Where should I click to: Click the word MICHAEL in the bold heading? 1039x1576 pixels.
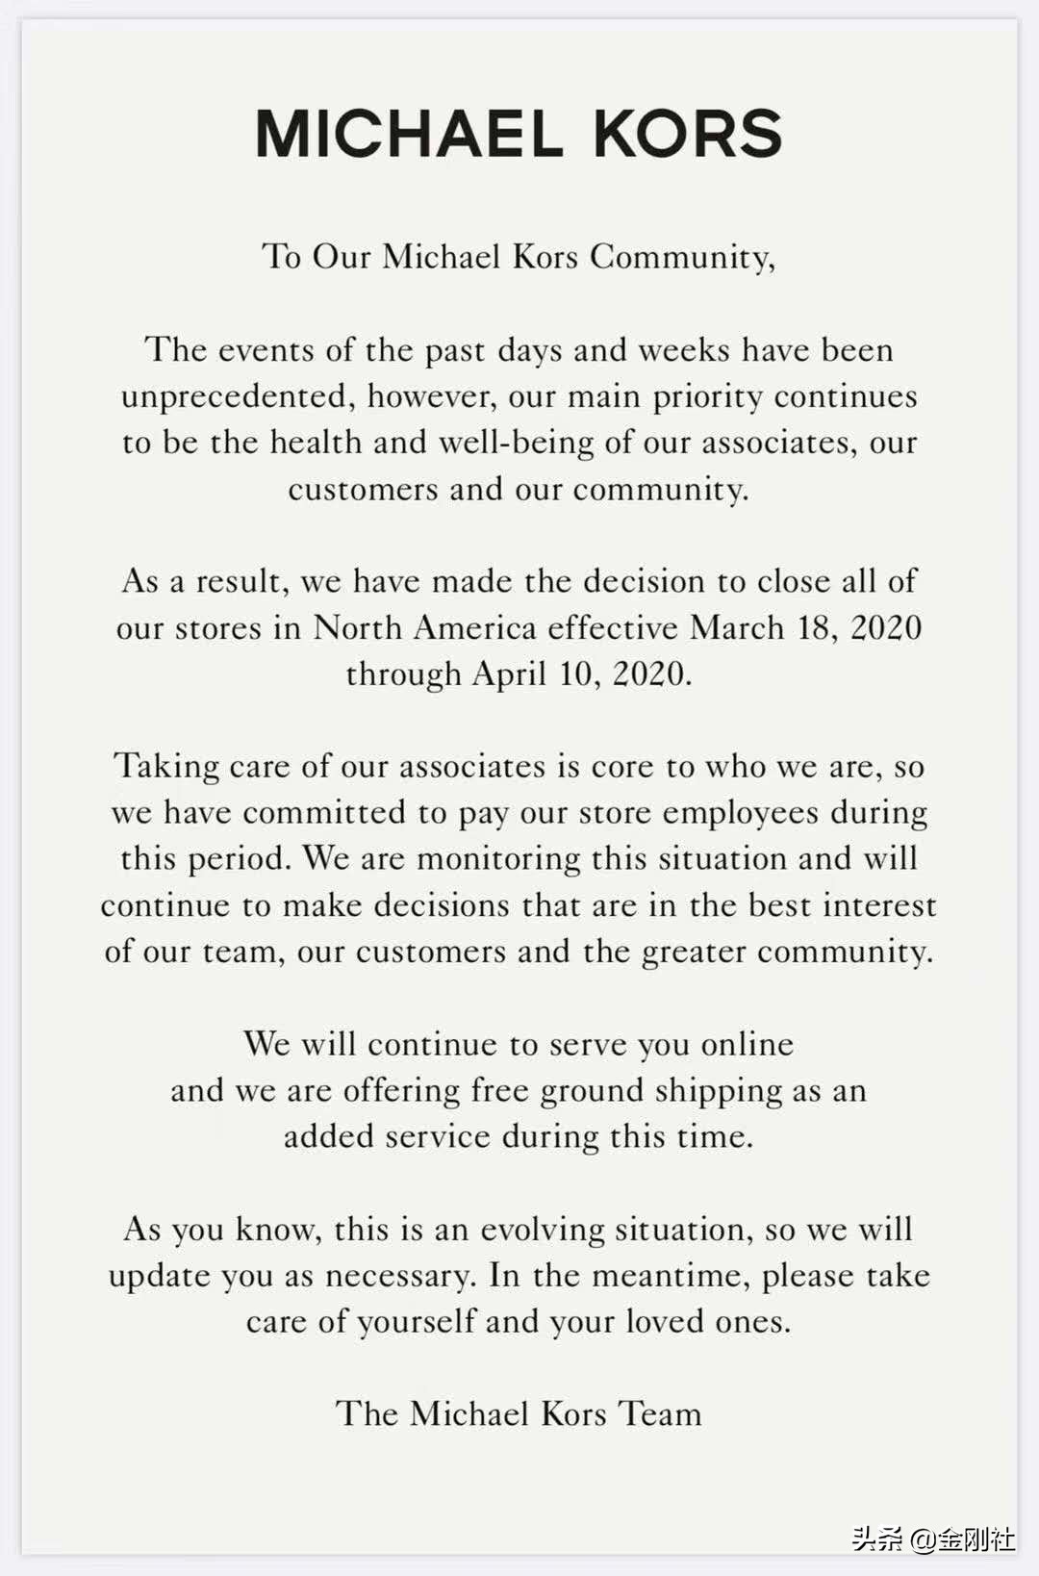click(x=409, y=134)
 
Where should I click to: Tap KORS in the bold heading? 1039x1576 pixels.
click(x=688, y=134)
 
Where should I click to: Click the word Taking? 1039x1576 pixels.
click(x=167, y=766)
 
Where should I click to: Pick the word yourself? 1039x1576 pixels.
click(x=416, y=1322)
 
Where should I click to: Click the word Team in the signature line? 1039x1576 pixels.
click(x=660, y=1413)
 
